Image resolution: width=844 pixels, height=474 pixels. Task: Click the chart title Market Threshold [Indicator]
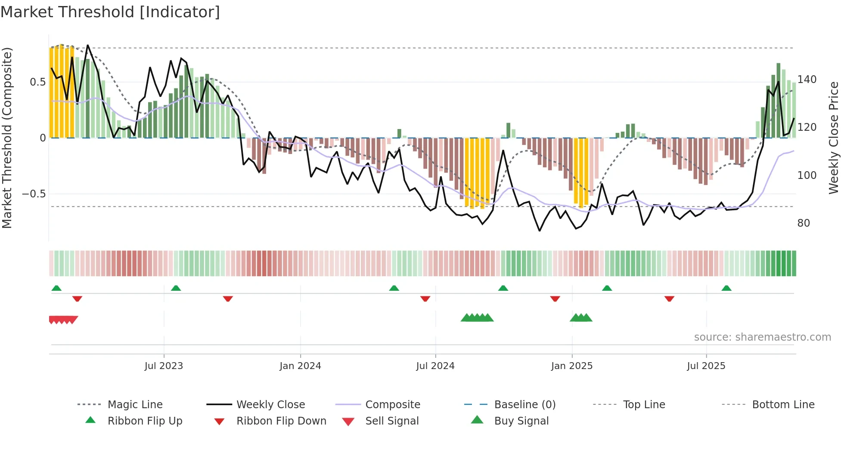pos(110,12)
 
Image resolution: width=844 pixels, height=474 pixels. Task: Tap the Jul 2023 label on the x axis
pos(164,366)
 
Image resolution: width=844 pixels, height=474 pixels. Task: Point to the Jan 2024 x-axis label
pos(300,366)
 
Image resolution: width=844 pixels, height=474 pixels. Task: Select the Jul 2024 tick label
pos(435,366)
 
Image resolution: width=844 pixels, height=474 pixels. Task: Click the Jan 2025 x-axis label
pos(572,366)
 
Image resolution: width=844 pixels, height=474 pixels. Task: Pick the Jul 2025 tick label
pos(706,366)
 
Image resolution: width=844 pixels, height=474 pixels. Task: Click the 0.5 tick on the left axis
pos(38,82)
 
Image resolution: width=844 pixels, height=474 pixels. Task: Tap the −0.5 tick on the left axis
pos(34,194)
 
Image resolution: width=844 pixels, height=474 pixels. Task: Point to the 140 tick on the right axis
pos(807,80)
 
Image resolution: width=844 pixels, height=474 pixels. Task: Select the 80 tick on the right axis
pos(804,223)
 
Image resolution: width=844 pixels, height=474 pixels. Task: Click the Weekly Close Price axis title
pos(834,138)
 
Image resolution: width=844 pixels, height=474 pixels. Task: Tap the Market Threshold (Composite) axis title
pos(7,138)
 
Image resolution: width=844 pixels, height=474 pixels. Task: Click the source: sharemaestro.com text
pos(762,337)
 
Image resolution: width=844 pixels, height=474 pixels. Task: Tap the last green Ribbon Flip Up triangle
pos(726,288)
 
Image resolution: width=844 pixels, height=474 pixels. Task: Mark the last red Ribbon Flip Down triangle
pos(669,299)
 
